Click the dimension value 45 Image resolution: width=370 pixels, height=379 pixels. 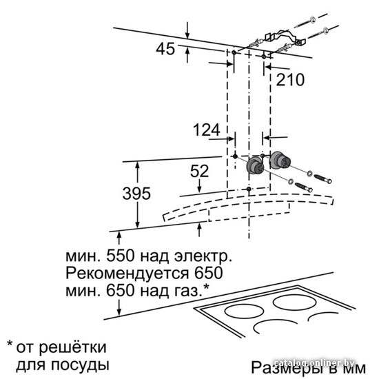pyautogui.click(x=165, y=49)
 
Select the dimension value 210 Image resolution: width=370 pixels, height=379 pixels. pyautogui.click(x=290, y=80)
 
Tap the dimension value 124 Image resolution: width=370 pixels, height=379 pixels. pyautogui.click(x=207, y=130)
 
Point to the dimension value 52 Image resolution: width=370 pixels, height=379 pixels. pyautogui.click(x=199, y=171)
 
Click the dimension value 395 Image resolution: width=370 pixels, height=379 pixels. pyautogui.click(x=136, y=194)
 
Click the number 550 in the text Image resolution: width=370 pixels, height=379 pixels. pyautogui.click(x=121, y=256)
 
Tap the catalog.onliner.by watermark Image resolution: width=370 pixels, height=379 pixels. pyautogui.click(x=314, y=362)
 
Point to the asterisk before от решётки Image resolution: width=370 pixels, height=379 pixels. pyautogui.click(x=10, y=343)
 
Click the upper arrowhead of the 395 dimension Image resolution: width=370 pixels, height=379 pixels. pyautogui.click(x=138, y=165)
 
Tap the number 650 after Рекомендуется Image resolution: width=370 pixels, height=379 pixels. pyautogui.click(x=208, y=273)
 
